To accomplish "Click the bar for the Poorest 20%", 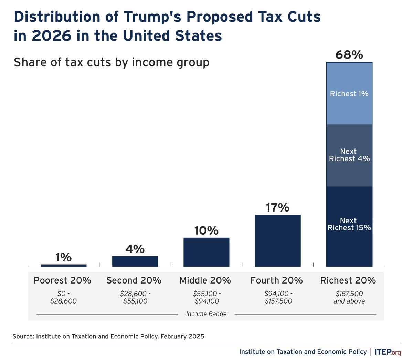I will click(x=63, y=265).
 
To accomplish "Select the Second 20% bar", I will click(x=135, y=261).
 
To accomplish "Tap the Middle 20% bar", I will click(x=206, y=252).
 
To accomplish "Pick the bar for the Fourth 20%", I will click(x=277, y=240).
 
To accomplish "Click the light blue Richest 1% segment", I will click(x=349, y=93).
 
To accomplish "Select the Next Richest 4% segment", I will click(x=349, y=155).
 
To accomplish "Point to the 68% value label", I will click(x=349, y=54).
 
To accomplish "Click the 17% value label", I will click(x=277, y=207).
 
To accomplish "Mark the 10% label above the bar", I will click(x=206, y=230).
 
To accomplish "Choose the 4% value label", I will click(x=135, y=249).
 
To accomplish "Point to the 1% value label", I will click(x=63, y=257).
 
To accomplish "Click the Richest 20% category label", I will click(x=348, y=280).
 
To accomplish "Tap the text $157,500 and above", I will click(x=349, y=297).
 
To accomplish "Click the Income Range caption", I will click(x=206, y=314).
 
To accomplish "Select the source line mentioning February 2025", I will click(x=108, y=336).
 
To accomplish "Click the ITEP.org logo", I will click(x=388, y=352).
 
